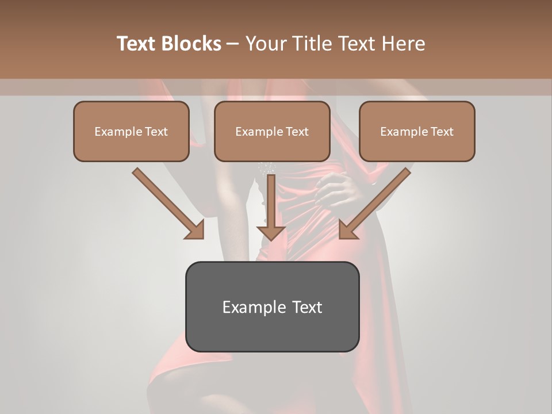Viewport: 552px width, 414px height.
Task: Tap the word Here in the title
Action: pos(404,44)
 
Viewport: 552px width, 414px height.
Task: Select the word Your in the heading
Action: pos(265,44)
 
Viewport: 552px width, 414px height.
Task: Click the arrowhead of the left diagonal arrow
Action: pos(195,230)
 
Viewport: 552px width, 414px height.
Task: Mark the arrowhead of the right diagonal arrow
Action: pos(348,230)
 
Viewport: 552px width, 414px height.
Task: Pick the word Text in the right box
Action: pos(442,132)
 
